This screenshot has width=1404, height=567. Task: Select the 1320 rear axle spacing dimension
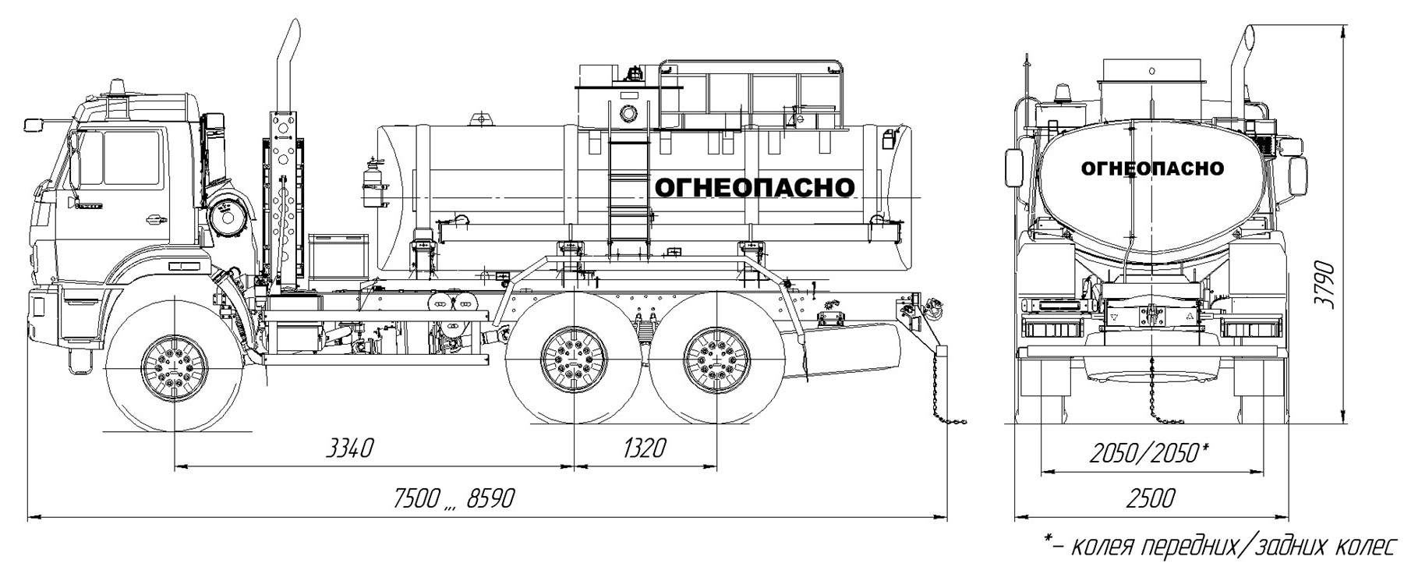coord(645,448)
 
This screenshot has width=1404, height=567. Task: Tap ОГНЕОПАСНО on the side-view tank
coord(754,187)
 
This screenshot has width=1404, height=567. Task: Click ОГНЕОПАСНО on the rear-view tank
coord(1152,168)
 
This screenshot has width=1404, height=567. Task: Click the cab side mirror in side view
coord(35,124)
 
